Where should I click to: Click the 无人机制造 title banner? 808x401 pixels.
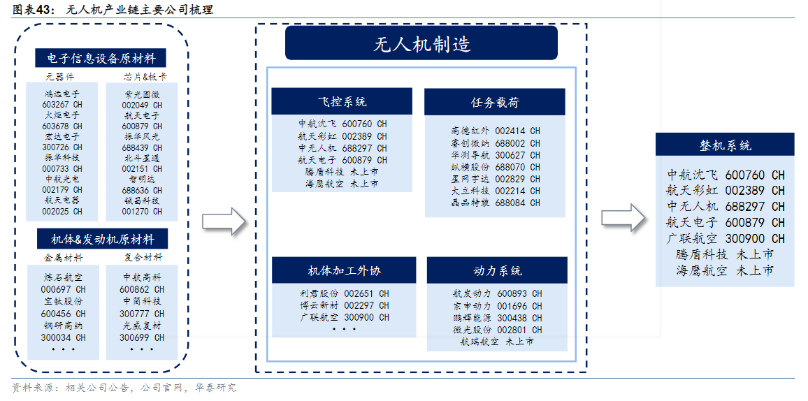(x=421, y=43)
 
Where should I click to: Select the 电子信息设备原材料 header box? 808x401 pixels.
(x=101, y=58)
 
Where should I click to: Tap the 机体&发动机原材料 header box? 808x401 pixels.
(x=103, y=239)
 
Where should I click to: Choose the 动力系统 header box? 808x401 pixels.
(x=497, y=270)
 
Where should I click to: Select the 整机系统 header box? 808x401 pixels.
(x=725, y=145)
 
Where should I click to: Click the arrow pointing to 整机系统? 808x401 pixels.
(x=623, y=218)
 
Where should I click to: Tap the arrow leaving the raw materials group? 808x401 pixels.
(x=224, y=221)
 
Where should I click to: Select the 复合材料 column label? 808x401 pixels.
(x=143, y=257)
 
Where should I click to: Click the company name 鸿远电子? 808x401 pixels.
(x=62, y=94)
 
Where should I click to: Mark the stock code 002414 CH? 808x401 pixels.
(x=517, y=131)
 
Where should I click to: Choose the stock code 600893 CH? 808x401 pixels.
(x=519, y=294)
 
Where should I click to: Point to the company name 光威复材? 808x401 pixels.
(x=142, y=326)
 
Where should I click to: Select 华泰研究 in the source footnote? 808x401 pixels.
(x=217, y=388)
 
